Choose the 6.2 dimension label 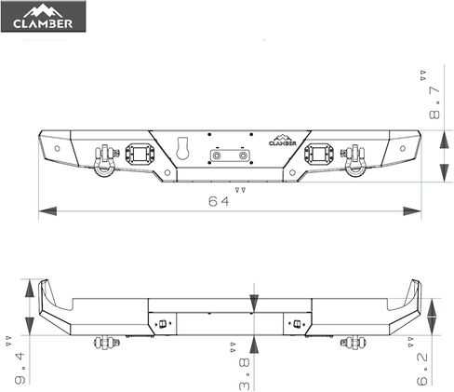click(x=422, y=363)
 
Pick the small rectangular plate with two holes click(x=230, y=155)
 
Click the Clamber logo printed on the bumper click(x=283, y=139)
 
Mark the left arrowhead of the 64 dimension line click(x=43, y=211)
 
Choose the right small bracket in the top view click(x=297, y=325)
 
